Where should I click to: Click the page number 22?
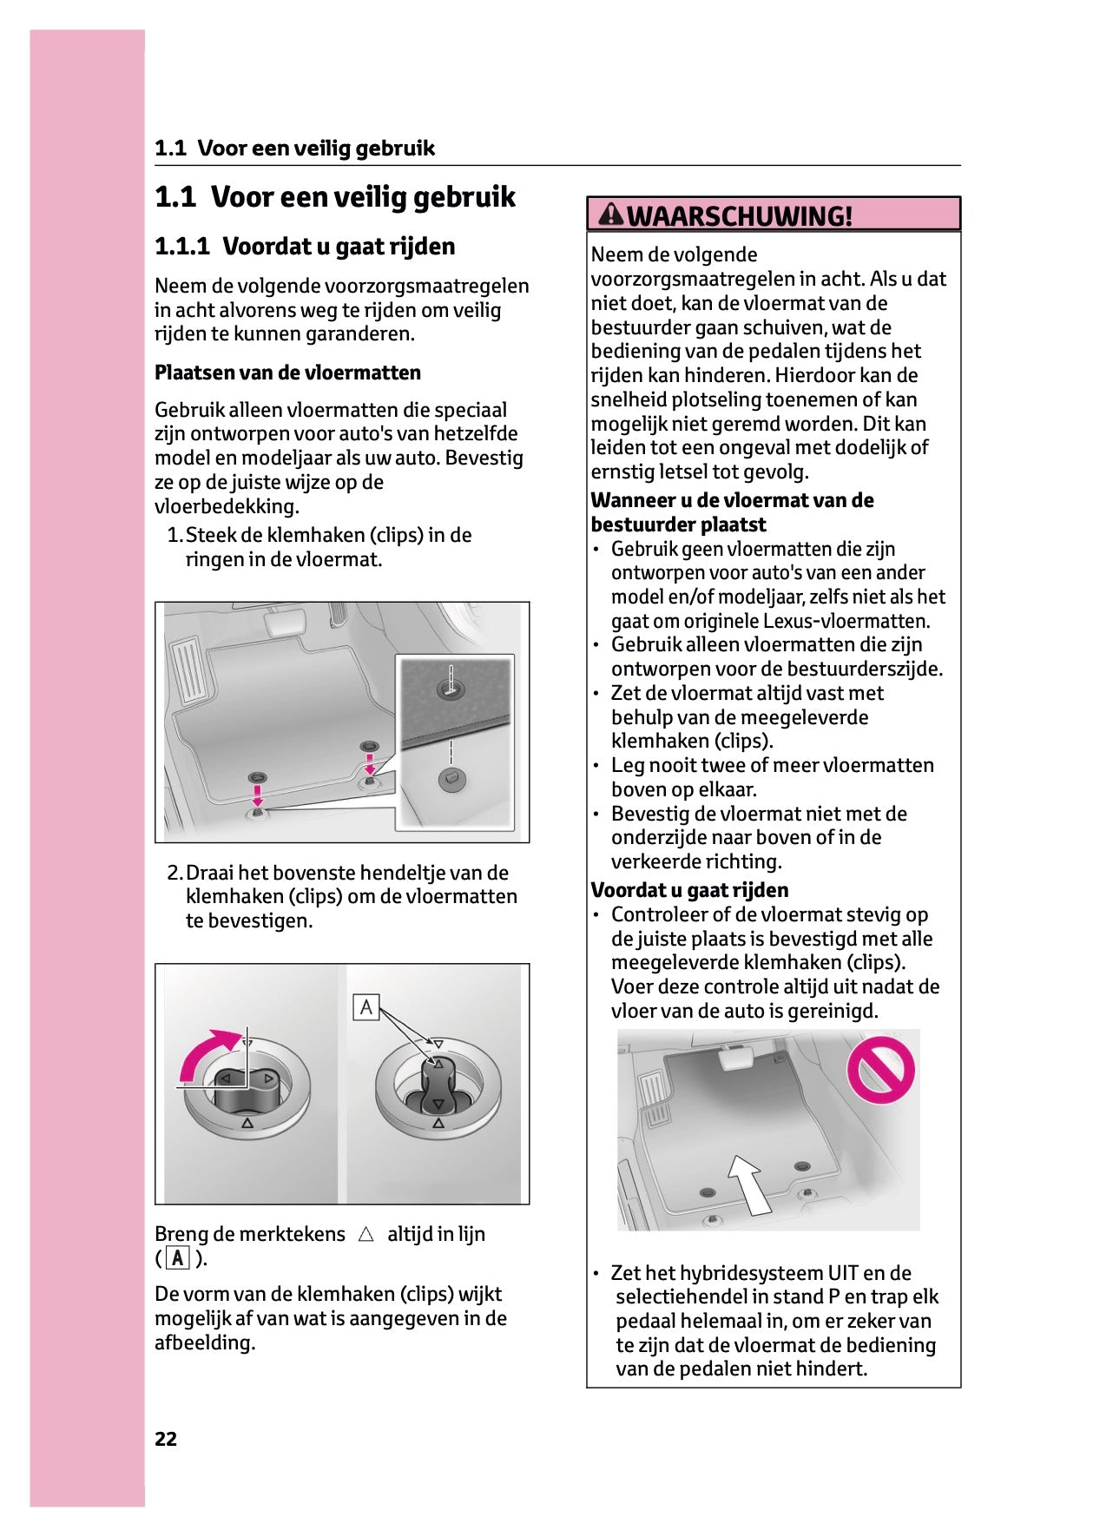point(166,1439)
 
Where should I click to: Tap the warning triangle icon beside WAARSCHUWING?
point(611,214)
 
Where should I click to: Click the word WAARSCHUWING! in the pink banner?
point(740,215)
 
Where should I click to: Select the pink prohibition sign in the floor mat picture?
point(880,1069)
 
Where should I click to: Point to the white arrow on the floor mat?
point(749,1183)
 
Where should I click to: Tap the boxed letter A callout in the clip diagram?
point(366,1007)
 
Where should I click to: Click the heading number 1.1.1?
point(182,247)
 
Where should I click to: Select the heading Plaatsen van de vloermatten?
point(287,373)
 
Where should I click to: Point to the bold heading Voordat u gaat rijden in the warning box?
point(689,890)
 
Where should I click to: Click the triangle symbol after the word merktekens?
point(366,1234)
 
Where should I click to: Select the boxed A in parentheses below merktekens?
point(178,1258)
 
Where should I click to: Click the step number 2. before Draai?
point(175,873)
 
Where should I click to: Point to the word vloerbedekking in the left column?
point(226,506)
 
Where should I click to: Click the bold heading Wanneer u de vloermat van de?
point(732,500)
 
